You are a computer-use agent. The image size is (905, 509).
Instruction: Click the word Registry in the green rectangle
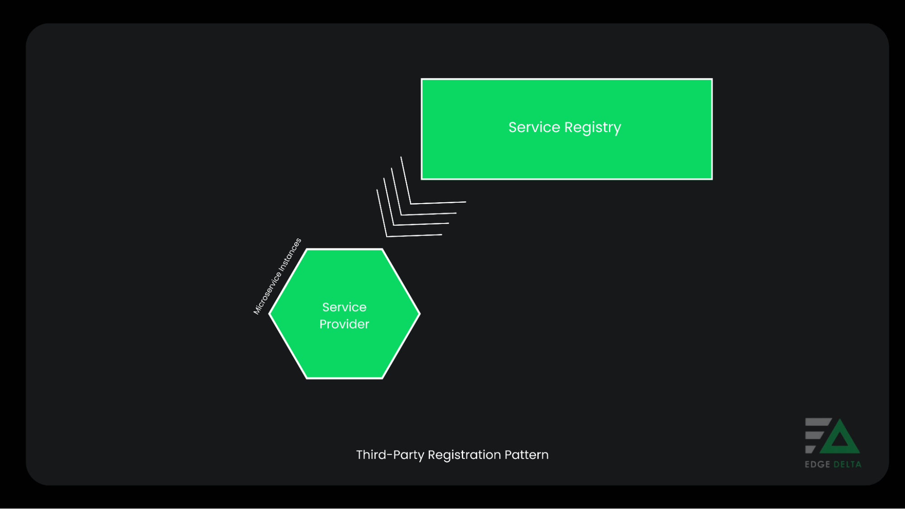tap(593, 128)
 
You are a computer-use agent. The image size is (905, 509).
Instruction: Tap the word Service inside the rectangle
tap(534, 127)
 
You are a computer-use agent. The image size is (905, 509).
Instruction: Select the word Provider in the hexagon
tap(344, 324)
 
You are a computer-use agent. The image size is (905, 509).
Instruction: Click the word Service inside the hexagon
tap(344, 307)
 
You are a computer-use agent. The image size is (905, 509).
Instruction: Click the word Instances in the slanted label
tap(290, 254)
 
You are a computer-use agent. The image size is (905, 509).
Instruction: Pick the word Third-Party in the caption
tap(390, 455)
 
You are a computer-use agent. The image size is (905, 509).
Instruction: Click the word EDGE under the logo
tap(817, 464)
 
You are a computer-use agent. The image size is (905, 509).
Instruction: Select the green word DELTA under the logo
tap(847, 464)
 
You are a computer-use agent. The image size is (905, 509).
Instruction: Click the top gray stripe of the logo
tap(818, 422)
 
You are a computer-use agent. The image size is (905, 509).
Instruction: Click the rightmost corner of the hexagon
tap(419, 313)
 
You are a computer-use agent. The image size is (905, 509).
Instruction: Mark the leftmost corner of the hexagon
tap(270, 313)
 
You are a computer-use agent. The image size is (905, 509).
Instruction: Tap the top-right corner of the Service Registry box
tap(712, 80)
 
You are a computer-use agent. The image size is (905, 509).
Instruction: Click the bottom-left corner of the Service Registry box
tap(422, 179)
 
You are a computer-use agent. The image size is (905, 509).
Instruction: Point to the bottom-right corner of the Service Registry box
tap(712, 179)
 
